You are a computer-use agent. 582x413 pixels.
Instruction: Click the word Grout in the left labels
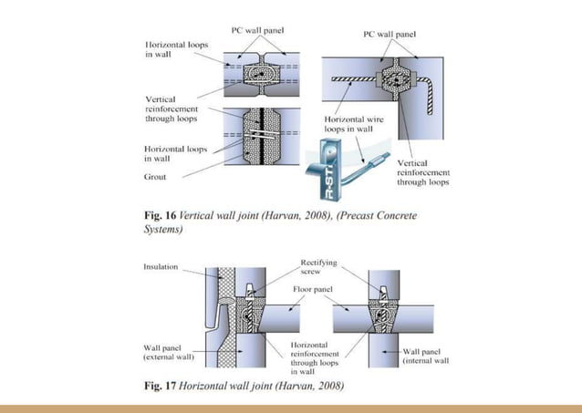click(157, 177)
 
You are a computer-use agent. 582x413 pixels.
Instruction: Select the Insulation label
click(161, 267)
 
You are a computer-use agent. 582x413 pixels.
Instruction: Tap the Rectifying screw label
click(318, 266)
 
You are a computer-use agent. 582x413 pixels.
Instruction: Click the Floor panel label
click(312, 289)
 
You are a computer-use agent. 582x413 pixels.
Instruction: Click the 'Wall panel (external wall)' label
click(170, 353)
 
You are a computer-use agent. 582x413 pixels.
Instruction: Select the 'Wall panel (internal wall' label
click(426, 355)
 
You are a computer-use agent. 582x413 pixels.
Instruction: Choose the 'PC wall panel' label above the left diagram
click(257, 30)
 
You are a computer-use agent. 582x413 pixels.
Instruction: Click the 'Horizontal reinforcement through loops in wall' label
click(315, 359)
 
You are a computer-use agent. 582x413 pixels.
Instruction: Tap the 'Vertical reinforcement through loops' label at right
click(423, 171)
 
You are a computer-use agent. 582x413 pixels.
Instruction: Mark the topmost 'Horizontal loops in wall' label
click(175, 49)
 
